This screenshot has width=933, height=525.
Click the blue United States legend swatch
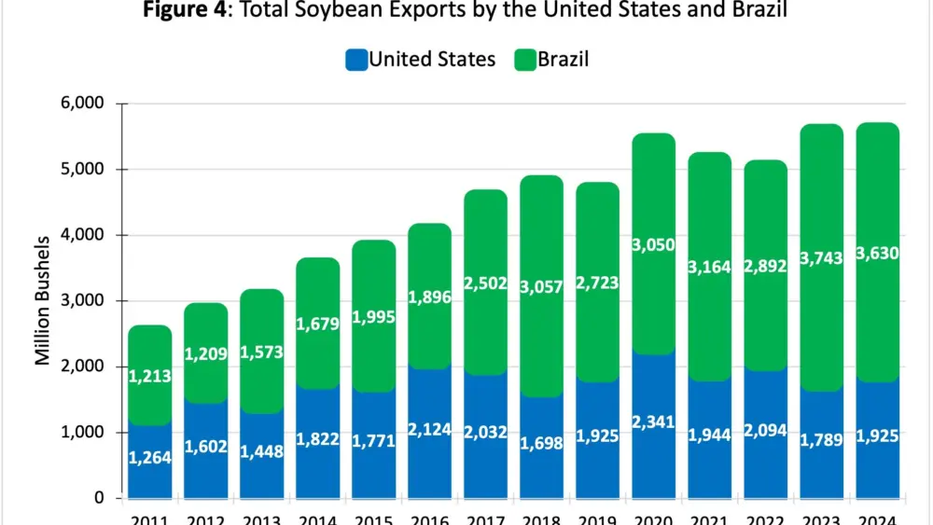[x=355, y=61]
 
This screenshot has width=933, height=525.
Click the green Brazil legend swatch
[x=525, y=61]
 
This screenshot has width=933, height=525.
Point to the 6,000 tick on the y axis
[x=82, y=104]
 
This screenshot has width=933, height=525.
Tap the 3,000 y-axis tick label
[x=82, y=301]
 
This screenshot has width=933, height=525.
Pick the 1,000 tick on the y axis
[x=82, y=433]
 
